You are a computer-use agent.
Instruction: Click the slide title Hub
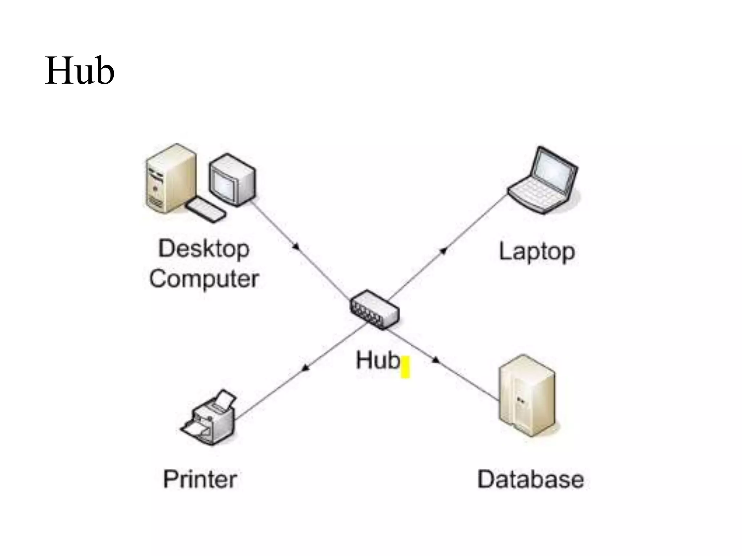tap(80, 71)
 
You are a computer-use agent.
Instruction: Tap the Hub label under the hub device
tap(378, 361)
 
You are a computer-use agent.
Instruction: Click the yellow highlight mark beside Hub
tap(405, 367)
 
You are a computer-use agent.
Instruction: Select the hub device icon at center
tap(374, 310)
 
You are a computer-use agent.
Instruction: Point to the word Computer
tap(204, 279)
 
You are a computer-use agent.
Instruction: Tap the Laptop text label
tap(537, 252)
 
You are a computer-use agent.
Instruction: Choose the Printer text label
tap(200, 479)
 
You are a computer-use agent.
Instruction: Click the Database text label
tap(530, 480)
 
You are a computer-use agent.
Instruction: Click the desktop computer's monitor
tap(232, 180)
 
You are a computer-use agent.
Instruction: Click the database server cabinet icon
tap(526, 396)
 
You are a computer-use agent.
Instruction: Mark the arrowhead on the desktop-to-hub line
tap(296, 247)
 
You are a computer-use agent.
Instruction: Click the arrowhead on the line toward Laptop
tap(443, 250)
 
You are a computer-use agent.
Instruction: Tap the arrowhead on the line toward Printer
tap(306, 368)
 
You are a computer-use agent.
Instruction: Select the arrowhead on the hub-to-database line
tap(436, 360)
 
